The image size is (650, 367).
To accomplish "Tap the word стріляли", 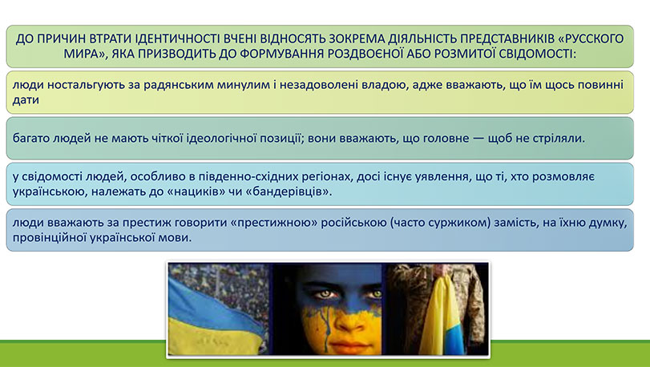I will [561, 137].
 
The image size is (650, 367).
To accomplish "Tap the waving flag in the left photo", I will [208, 313].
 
